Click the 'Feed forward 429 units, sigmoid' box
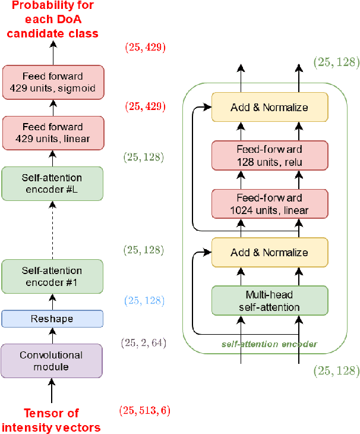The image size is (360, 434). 52,83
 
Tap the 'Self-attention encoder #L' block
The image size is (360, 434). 52,183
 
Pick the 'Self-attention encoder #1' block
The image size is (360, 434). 52,276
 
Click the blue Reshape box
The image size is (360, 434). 52,319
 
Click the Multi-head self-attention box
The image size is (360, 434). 270,301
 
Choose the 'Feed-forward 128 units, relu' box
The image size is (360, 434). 270,155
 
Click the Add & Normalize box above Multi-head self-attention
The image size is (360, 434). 270,253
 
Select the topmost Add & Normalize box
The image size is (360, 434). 270,108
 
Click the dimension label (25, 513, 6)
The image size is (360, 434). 146,410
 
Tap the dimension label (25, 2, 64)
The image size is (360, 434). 143,343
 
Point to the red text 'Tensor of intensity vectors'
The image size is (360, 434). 51,420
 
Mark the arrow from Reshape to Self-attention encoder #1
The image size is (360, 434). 52,302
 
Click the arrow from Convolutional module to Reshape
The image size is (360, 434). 52,336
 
